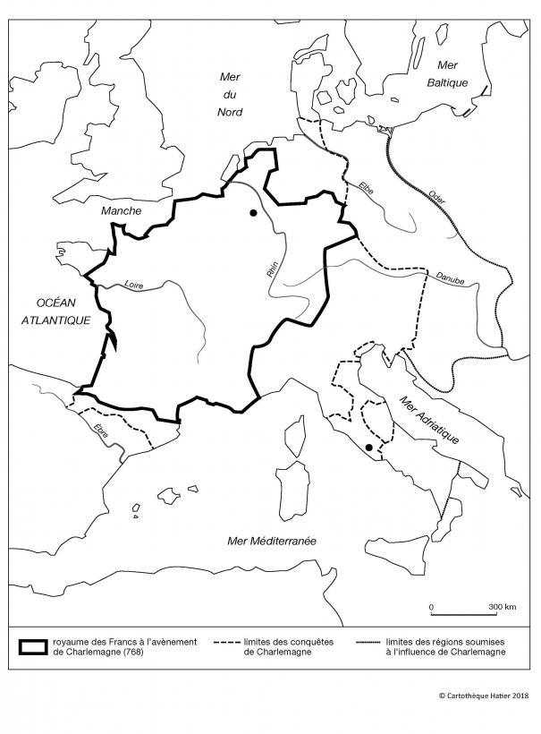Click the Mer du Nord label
point(231,94)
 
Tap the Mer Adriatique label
point(430,422)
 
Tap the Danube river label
point(449,279)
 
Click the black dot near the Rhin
point(254,213)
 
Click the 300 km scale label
point(502,607)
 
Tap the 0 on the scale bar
point(432,607)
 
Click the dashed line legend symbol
point(227,642)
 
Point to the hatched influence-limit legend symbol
point(370,642)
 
